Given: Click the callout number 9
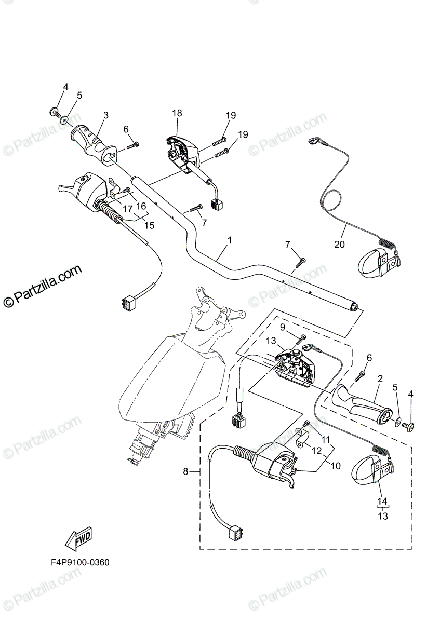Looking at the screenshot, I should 283,327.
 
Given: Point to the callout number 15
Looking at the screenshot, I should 150,225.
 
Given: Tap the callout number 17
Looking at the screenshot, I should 127,210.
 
